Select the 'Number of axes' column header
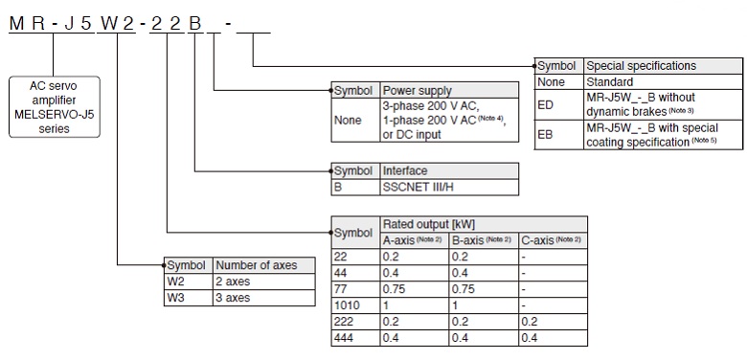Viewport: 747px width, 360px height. coord(256,265)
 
